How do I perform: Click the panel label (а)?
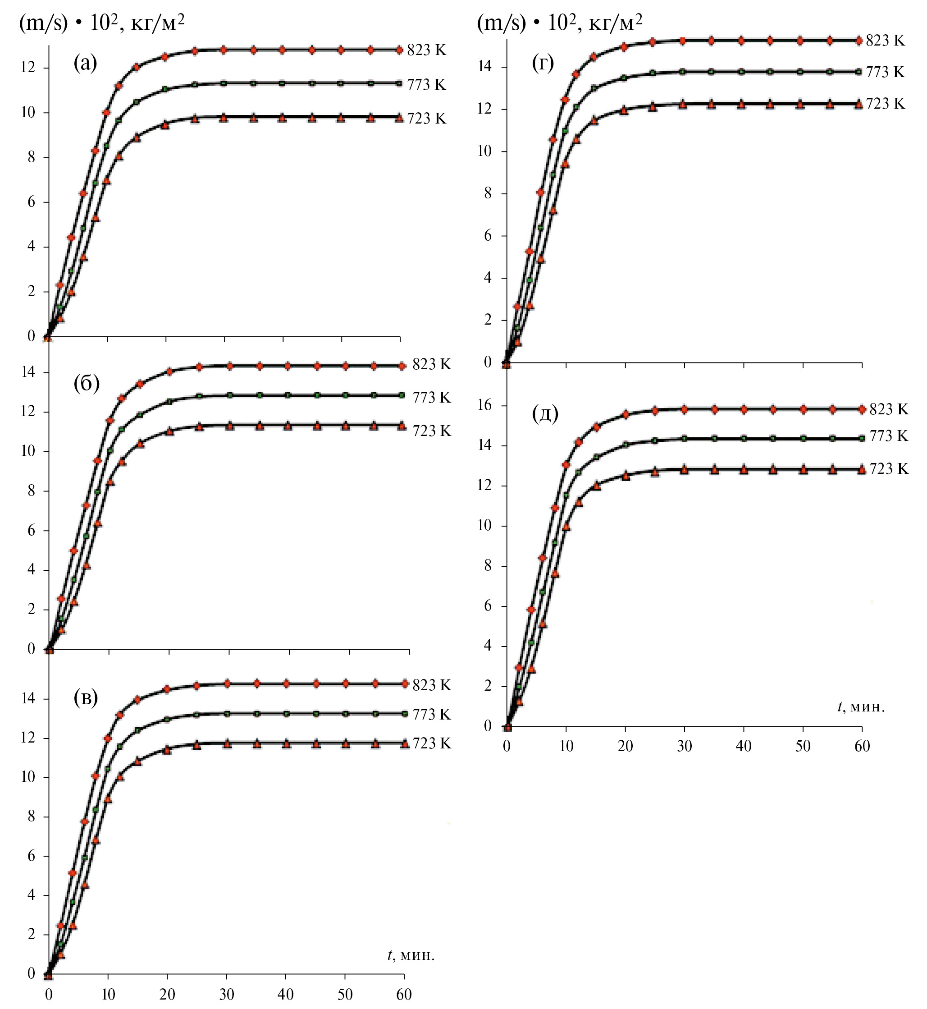pos(85,63)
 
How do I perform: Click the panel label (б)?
pos(86,383)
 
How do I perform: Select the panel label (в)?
pos(86,698)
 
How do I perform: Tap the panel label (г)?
pos(543,63)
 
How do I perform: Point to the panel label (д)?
pos(545,414)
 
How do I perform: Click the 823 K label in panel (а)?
pos(426,50)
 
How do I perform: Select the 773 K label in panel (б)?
pos(431,397)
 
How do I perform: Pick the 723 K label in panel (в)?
pos(431,743)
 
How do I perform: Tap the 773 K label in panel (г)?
pos(885,72)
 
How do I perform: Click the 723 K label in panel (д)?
pos(888,468)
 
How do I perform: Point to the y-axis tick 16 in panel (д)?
pos(485,405)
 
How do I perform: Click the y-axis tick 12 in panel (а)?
pos(27,67)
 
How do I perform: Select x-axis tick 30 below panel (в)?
pos(227,994)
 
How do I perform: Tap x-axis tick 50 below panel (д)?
pos(803,746)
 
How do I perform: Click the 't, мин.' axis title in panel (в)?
pos(411,955)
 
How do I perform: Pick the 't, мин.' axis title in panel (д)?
pos(861,707)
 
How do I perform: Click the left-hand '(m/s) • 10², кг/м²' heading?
pos(102,23)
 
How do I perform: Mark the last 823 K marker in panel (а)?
pos(399,50)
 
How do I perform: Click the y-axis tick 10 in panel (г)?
pos(485,151)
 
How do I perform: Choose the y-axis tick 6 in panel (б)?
pos(31,530)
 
